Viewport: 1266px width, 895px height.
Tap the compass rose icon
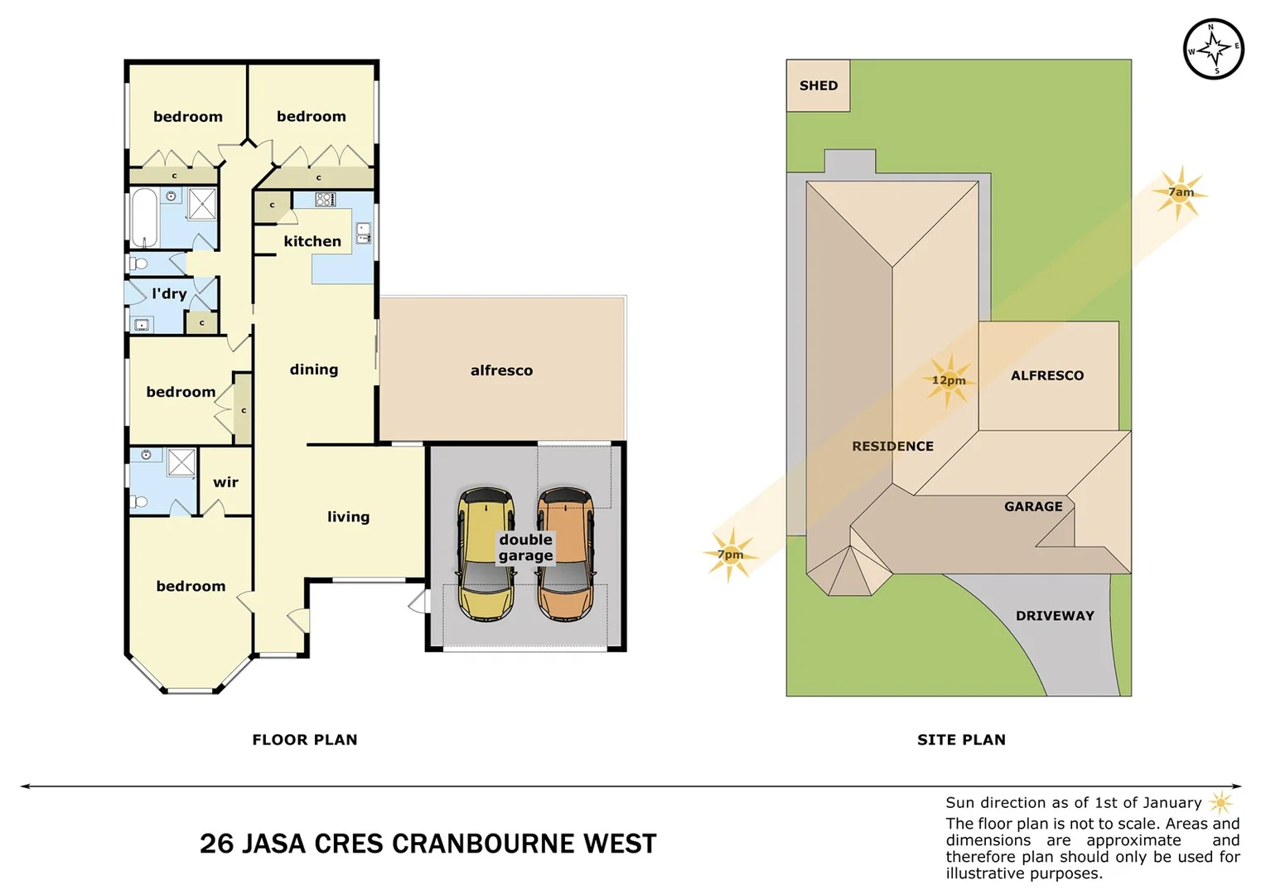(x=1213, y=50)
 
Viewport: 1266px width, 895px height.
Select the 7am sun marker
(x=1180, y=192)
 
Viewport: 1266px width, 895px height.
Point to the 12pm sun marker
(x=949, y=380)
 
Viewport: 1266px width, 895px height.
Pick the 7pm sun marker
(x=730, y=554)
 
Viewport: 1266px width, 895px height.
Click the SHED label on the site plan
(x=818, y=85)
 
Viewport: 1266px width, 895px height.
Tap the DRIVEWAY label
(x=1055, y=616)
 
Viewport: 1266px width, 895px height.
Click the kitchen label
(x=312, y=241)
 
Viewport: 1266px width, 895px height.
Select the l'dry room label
(x=169, y=293)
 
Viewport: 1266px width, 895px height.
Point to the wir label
(x=225, y=482)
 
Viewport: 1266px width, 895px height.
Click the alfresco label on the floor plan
(x=501, y=370)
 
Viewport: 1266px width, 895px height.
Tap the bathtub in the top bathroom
(x=144, y=217)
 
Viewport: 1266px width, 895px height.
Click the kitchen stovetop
(x=326, y=199)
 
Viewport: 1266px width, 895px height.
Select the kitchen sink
(x=363, y=233)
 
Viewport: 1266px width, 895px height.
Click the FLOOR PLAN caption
(x=305, y=740)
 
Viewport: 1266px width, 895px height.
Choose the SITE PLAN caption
(x=961, y=740)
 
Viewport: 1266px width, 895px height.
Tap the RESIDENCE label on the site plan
(x=892, y=446)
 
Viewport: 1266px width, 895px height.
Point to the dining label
(x=314, y=370)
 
